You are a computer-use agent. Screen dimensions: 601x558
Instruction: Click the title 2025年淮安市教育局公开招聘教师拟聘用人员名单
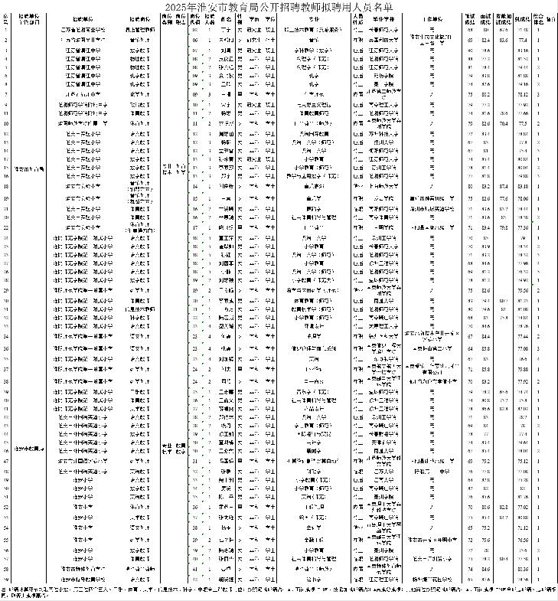[x=279, y=8]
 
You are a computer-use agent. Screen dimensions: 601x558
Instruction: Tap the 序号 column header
[x=6, y=18]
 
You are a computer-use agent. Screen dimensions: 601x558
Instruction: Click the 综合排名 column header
[x=539, y=18]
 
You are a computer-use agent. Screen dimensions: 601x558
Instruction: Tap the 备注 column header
[x=551, y=18]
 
